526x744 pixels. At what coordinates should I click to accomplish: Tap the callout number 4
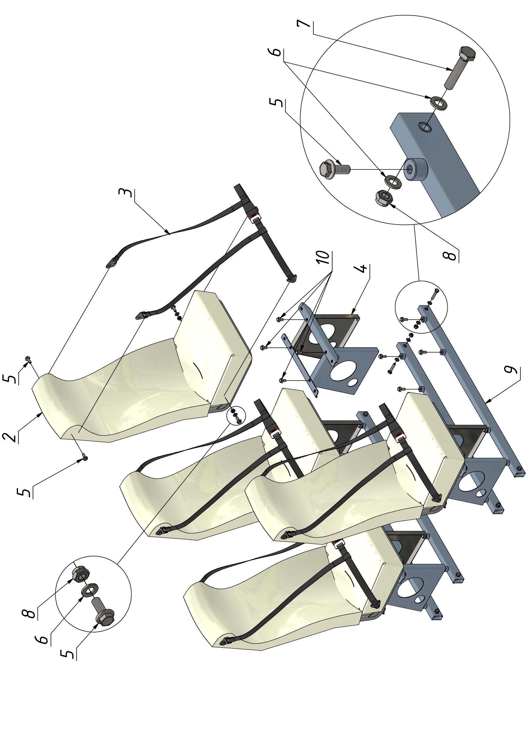[363, 268]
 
